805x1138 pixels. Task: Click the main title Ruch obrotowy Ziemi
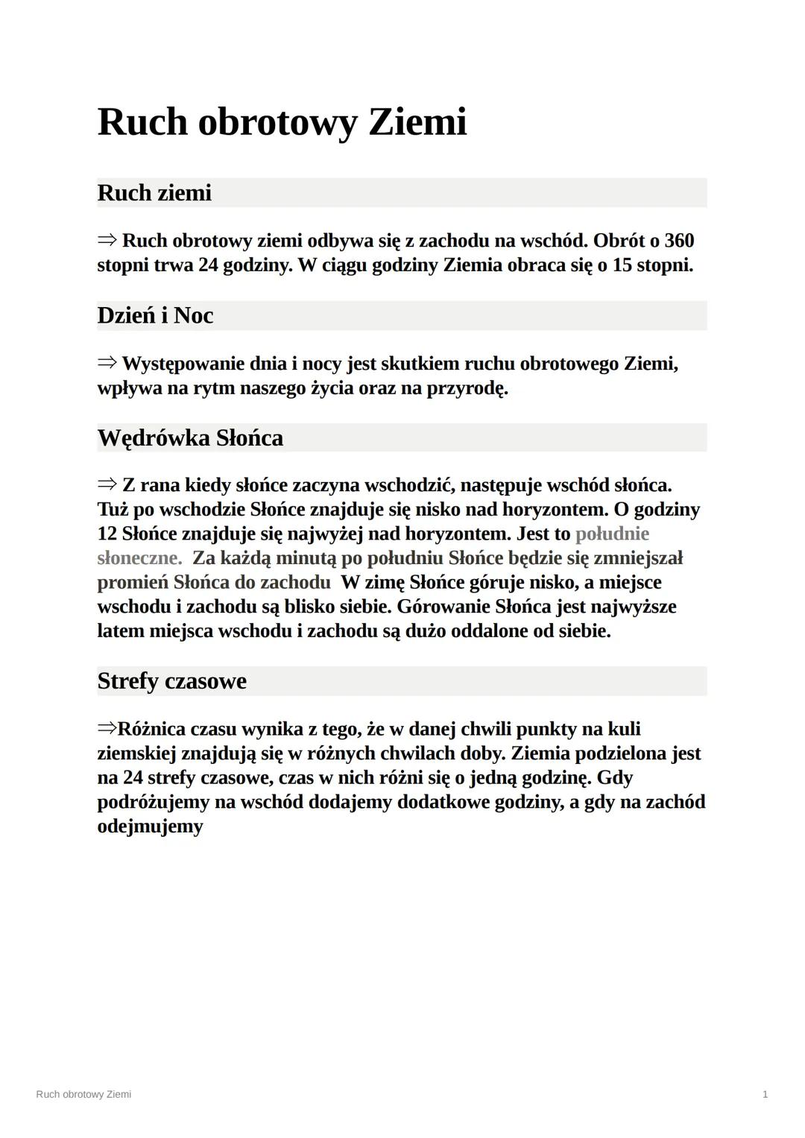(x=282, y=121)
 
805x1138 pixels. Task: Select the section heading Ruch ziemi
(x=154, y=193)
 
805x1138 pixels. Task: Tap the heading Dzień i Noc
(x=155, y=315)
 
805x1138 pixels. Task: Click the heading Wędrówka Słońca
(x=190, y=437)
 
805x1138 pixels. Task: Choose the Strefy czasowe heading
(x=171, y=681)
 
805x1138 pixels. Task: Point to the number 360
(x=678, y=241)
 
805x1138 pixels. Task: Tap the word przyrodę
(x=467, y=388)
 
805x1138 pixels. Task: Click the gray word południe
(x=612, y=534)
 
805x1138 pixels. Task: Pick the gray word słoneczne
(x=139, y=558)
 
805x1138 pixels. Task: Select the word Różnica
(x=151, y=729)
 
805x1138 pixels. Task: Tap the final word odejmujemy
(x=150, y=826)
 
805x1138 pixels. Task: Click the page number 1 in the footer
(x=765, y=1094)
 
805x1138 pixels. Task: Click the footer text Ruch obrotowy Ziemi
(x=83, y=1094)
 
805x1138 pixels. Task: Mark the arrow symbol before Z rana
(x=107, y=485)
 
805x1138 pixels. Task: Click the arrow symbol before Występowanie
(x=107, y=364)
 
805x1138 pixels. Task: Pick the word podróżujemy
(x=154, y=802)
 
